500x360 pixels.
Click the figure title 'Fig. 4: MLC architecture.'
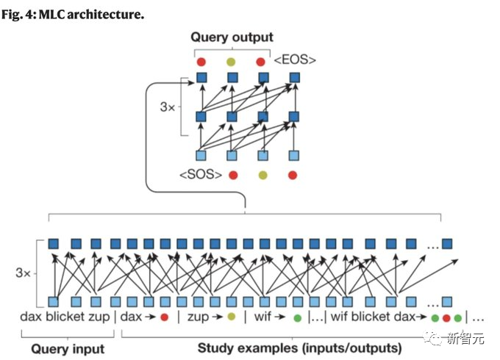click(73, 15)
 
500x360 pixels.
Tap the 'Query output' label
click(232, 37)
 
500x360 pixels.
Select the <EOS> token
click(295, 60)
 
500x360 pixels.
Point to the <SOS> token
click(201, 175)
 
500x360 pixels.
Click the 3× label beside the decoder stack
click(168, 107)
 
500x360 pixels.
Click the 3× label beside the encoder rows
click(23, 273)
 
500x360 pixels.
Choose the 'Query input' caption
click(68, 349)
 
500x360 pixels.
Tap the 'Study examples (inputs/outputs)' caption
click(299, 348)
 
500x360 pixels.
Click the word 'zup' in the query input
click(99, 317)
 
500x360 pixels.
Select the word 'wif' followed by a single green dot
click(262, 317)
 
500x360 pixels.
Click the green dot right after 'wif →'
click(297, 317)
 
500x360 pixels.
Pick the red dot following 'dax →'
click(164, 317)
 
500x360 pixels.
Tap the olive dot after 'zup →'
click(231, 317)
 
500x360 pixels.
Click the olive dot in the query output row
click(231, 62)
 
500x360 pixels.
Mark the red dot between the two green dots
click(446, 317)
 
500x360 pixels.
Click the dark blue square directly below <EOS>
click(295, 77)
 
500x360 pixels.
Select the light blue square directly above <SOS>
click(201, 156)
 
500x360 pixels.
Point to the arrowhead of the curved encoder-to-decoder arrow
click(192, 83)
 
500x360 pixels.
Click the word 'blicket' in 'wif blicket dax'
click(372, 317)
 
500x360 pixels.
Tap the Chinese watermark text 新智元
click(465, 339)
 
